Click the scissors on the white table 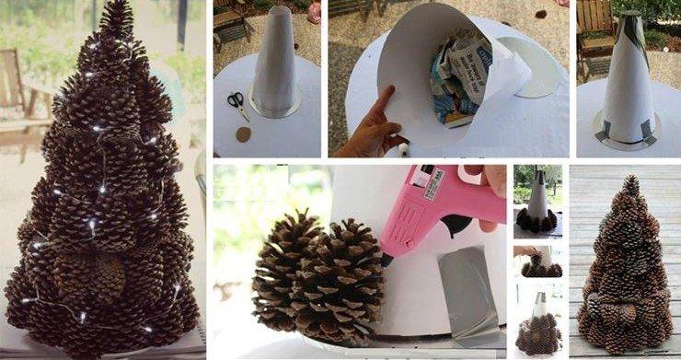click(x=237, y=101)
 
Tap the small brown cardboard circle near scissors click(x=244, y=134)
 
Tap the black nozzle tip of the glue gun click(x=387, y=261)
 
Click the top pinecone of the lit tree click(x=116, y=18)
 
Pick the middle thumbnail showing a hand click(x=537, y=261)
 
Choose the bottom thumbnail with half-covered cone click(x=537, y=321)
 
